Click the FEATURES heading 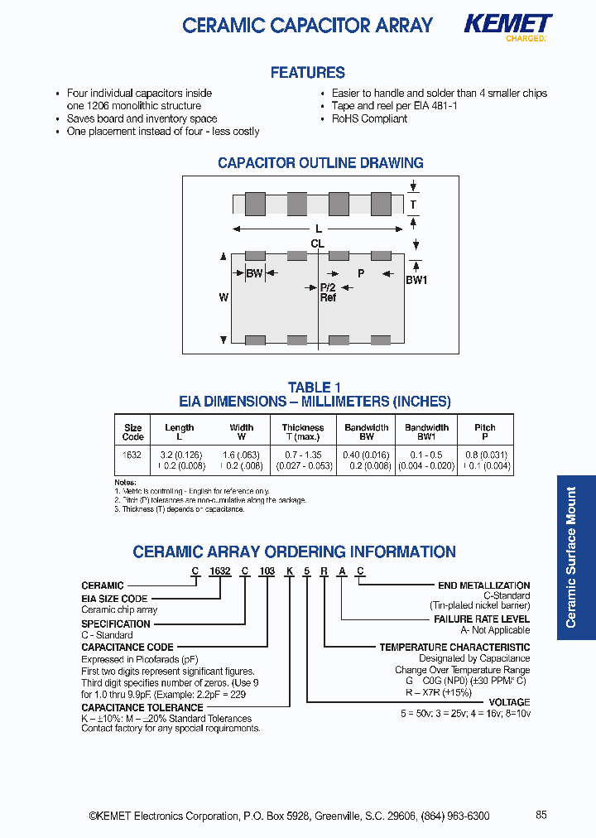(x=307, y=73)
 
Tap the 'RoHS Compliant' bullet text (x=369, y=118)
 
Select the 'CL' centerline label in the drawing (x=317, y=243)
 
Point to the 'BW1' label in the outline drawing (x=416, y=281)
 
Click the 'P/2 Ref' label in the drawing (x=328, y=292)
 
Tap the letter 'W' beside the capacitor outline (x=223, y=296)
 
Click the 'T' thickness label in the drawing (x=413, y=205)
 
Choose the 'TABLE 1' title (x=315, y=388)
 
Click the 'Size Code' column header (x=132, y=432)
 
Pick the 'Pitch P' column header (x=485, y=432)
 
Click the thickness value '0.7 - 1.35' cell (x=303, y=455)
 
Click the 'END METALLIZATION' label (x=483, y=585)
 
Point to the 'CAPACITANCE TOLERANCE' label (x=142, y=708)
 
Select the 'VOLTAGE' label (x=510, y=702)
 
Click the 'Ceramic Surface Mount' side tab (x=571, y=557)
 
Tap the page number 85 (x=541, y=815)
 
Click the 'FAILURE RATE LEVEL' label (x=482, y=619)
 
